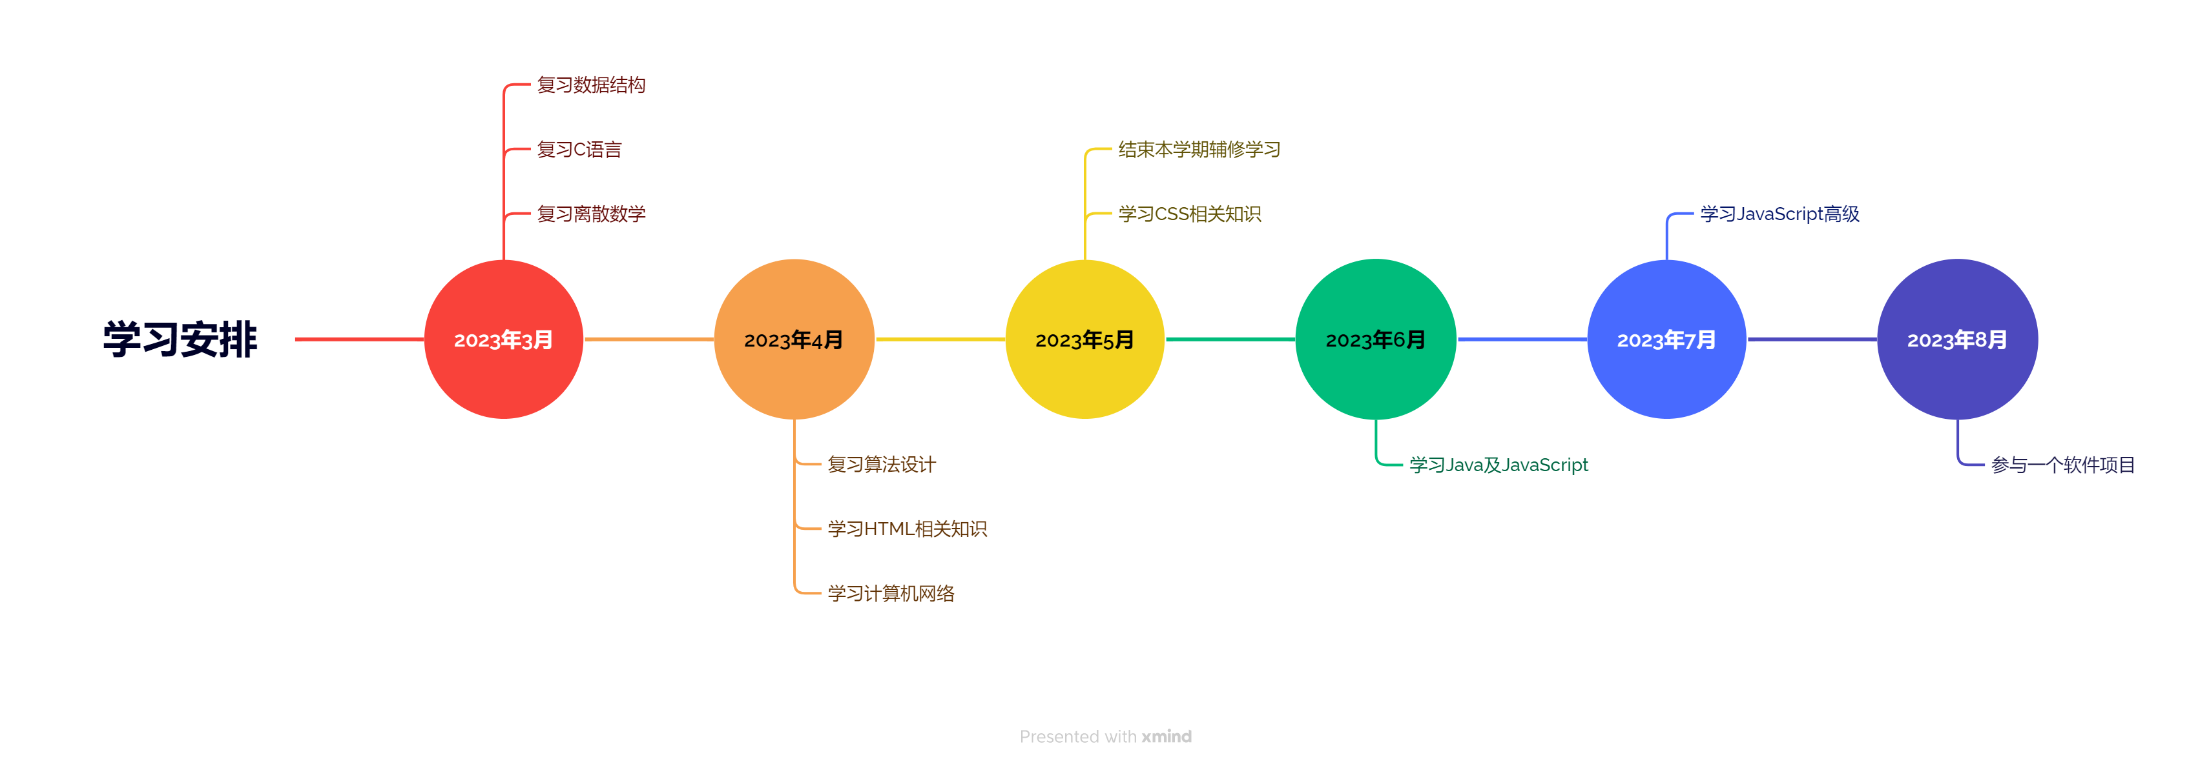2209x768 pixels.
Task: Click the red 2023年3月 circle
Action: (x=503, y=339)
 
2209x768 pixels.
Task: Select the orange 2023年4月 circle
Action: (x=794, y=339)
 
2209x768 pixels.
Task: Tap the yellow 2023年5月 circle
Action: (x=1084, y=339)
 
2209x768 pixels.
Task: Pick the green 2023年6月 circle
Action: (x=1376, y=339)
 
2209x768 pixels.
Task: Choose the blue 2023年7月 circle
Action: (x=1666, y=339)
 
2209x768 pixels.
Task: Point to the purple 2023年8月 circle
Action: (x=1957, y=339)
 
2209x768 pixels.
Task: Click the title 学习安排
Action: (x=180, y=339)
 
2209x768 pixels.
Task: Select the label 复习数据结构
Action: (x=591, y=85)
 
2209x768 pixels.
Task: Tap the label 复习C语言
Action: (x=579, y=149)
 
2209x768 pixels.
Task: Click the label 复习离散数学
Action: (x=591, y=214)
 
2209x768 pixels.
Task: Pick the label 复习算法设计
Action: (x=882, y=465)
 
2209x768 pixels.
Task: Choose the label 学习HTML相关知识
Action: (x=907, y=529)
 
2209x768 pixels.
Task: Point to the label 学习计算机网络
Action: (x=891, y=593)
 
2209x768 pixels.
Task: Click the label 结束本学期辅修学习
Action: (x=1199, y=149)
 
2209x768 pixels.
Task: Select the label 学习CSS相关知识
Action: (x=1189, y=214)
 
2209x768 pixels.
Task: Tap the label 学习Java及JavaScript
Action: (x=1498, y=465)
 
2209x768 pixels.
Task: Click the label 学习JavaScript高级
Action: (x=1779, y=214)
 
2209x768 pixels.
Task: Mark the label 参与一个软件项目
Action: (x=2062, y=465)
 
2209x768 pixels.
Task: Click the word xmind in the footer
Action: (x=1167, y=736)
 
